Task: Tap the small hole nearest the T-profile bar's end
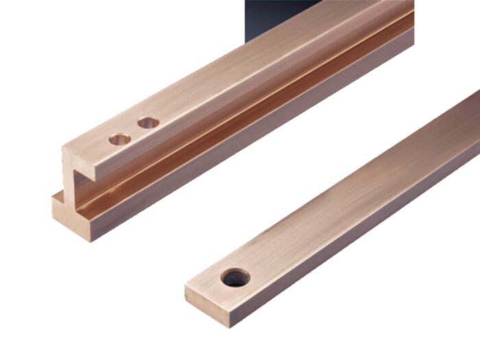pyautogui.click(x=119, y=139)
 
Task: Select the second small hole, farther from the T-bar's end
pyautogui.click(x=148, y=123)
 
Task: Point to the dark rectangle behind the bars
pyautogui.click(x=281, y=14)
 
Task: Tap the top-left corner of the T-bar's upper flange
pyautogui.click(x=62, y=148)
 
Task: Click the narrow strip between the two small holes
pyautogui.click(x=134, y=132)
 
